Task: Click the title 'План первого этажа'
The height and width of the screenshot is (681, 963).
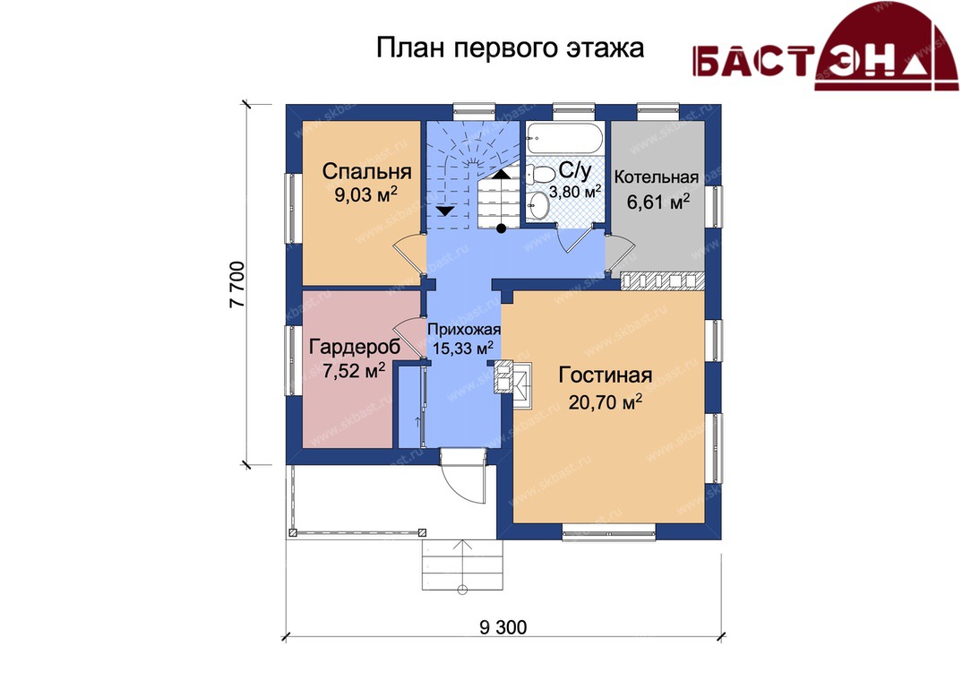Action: click(510, 48)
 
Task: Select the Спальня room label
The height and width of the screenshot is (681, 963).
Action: click(366, 171)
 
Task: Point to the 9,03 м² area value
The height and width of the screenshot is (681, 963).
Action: click(366, 194)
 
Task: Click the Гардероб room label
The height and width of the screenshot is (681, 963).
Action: click(355, 347)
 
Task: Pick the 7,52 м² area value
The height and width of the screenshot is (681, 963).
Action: click(354, 371)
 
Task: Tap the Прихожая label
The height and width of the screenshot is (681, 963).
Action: click(464, 329)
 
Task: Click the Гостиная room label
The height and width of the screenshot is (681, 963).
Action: click(605, 375)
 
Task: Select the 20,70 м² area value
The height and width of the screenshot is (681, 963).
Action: click(605, 402)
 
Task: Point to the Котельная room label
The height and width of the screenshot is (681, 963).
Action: click(657, 177)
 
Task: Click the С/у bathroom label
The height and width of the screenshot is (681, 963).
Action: click(575, 171)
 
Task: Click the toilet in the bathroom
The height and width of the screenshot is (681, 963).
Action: click(542, 174)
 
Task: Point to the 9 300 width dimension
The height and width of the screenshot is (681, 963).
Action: click(503, 627)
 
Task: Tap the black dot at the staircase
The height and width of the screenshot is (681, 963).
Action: click(501, 229)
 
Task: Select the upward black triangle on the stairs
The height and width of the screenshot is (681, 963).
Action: click(502, 173)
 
